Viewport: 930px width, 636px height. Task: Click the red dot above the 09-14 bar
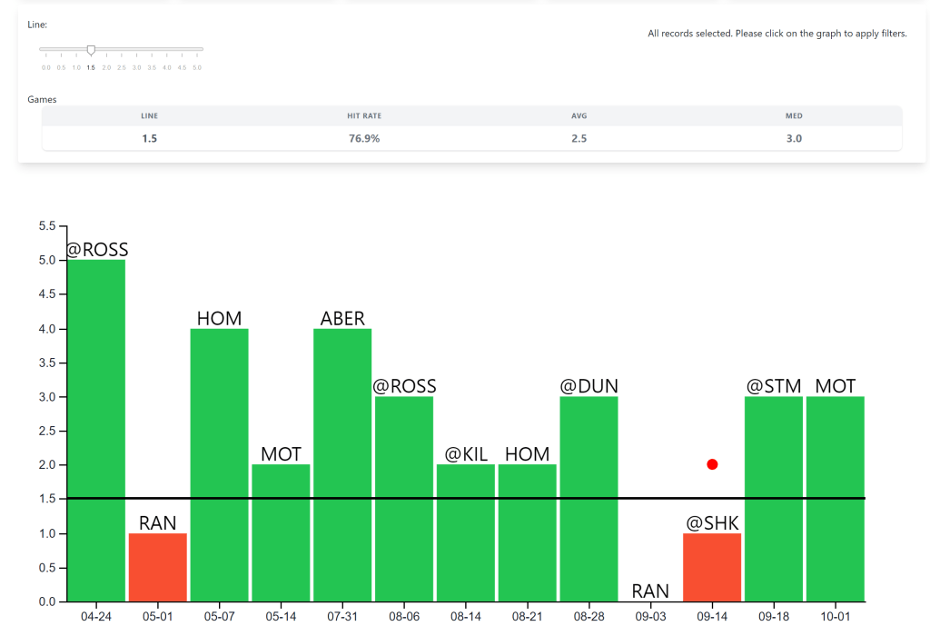coord(712,464)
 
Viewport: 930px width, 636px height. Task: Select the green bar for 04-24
coord(96,431)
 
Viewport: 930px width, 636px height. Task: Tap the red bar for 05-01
coord(158,567)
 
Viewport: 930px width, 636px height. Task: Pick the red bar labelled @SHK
coord(712,567)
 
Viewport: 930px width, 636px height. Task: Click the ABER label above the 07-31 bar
coord(342,318)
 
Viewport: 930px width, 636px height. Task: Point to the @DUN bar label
coord(589,386)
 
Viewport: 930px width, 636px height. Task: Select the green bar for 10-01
coord(836,499)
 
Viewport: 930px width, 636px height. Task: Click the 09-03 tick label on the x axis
coord(650,617)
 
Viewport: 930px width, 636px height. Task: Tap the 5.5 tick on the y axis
coord(45,226)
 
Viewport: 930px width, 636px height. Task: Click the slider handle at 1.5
coord(91,50)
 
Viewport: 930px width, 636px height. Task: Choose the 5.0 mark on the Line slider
coord(197,67)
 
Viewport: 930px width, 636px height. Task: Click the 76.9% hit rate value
coord(363,138)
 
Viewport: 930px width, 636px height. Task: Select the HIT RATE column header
coord(363,115)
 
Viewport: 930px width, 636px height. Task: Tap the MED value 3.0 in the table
coord(794,138)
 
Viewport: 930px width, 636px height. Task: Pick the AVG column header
coord(579,115)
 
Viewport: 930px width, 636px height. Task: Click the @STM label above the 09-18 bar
coord(774,386)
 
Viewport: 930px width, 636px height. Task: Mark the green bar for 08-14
coord(466,532)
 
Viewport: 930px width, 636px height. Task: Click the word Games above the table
coord(42,99)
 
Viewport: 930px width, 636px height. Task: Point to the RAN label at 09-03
coord(650,591)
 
